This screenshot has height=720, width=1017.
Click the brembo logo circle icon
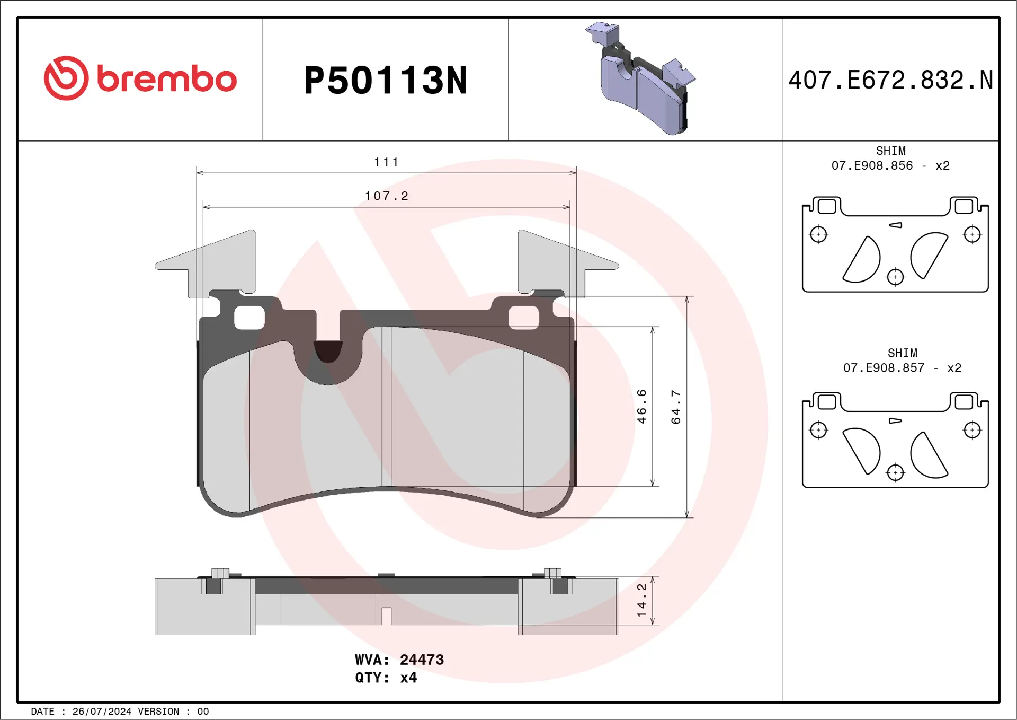click(x=66, y=78)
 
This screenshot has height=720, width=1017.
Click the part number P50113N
click(x=386, y=81)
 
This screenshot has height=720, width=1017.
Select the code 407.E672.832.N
click(x=890, y=81)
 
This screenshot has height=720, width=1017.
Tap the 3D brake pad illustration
click(x=643, y=80)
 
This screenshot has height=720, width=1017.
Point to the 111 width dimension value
click(x=386, y=162)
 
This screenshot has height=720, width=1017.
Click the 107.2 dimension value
click(x=387, y=196)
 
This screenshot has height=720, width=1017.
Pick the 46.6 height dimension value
click(x=642, y=406)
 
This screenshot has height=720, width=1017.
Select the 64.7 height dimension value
click(x=676, y=407)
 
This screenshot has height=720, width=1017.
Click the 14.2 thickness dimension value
click(x=642, y=600)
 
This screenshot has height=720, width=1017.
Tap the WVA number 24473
click(x=422, y=660)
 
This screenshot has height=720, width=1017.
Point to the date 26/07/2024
click(x=102, y=712)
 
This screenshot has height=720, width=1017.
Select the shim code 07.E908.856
click(x=872, y=166)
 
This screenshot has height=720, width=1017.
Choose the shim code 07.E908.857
click(x=884, y=368)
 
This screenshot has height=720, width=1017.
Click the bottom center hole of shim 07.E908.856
click(x=895, y=277)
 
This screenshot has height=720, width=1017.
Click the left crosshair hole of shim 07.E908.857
click(x=818, y=430)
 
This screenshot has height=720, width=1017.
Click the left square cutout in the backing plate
click(x=249, y=318)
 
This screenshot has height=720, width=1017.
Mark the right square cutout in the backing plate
click(x=524, y=318)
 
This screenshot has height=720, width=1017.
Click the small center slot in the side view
click(x=386, y=616)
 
